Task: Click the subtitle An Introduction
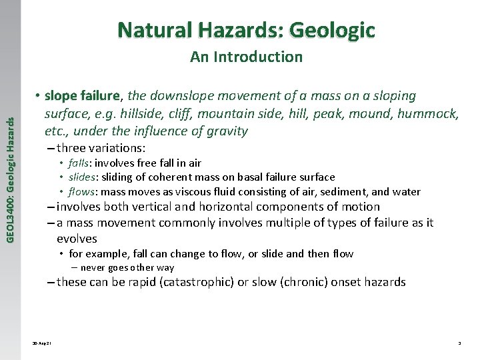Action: tap(246, 57)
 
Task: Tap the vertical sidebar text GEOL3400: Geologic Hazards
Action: tap(9, 169)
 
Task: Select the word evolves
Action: tap(77, 238)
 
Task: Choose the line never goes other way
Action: tap(127, 267)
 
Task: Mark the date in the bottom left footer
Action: tap(41, 343)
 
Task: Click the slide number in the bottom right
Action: tap(459, 343)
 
